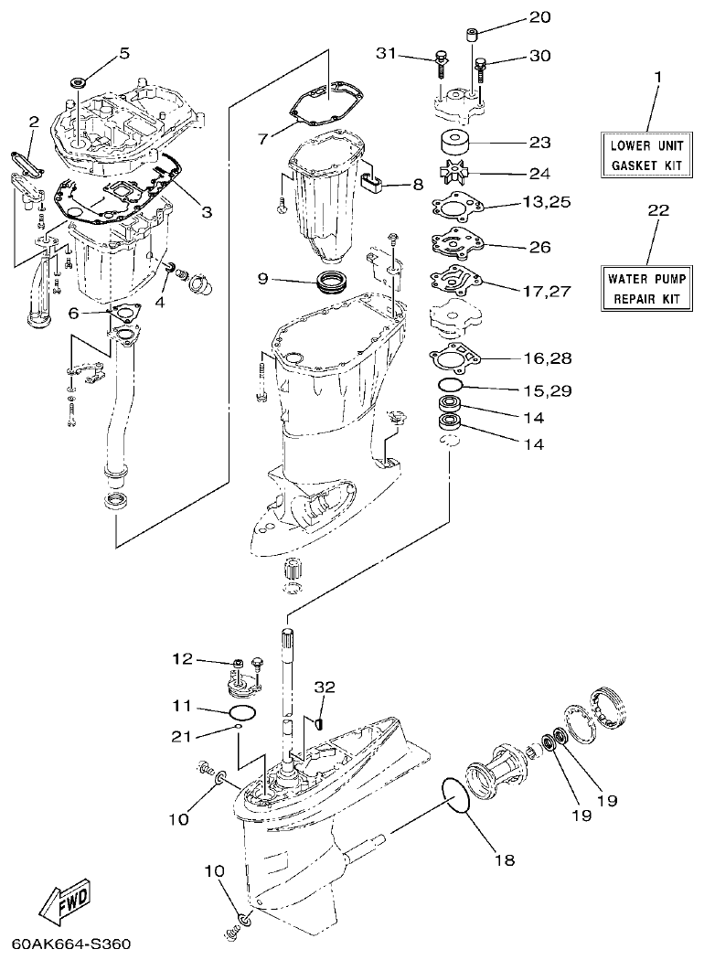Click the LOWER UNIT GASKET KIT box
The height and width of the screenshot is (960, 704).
(645, 154)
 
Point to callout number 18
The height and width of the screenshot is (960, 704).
(504, 859)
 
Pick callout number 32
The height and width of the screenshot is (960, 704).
(325, 686)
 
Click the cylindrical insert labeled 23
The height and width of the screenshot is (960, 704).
(453, 144)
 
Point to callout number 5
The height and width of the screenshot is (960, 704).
(123, 54)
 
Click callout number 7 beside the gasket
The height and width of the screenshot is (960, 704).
(263, 139)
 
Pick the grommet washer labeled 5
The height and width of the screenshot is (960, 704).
(77, 81)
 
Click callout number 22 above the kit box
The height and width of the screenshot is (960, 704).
(657, 210)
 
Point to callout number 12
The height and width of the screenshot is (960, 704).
(183, 658)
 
